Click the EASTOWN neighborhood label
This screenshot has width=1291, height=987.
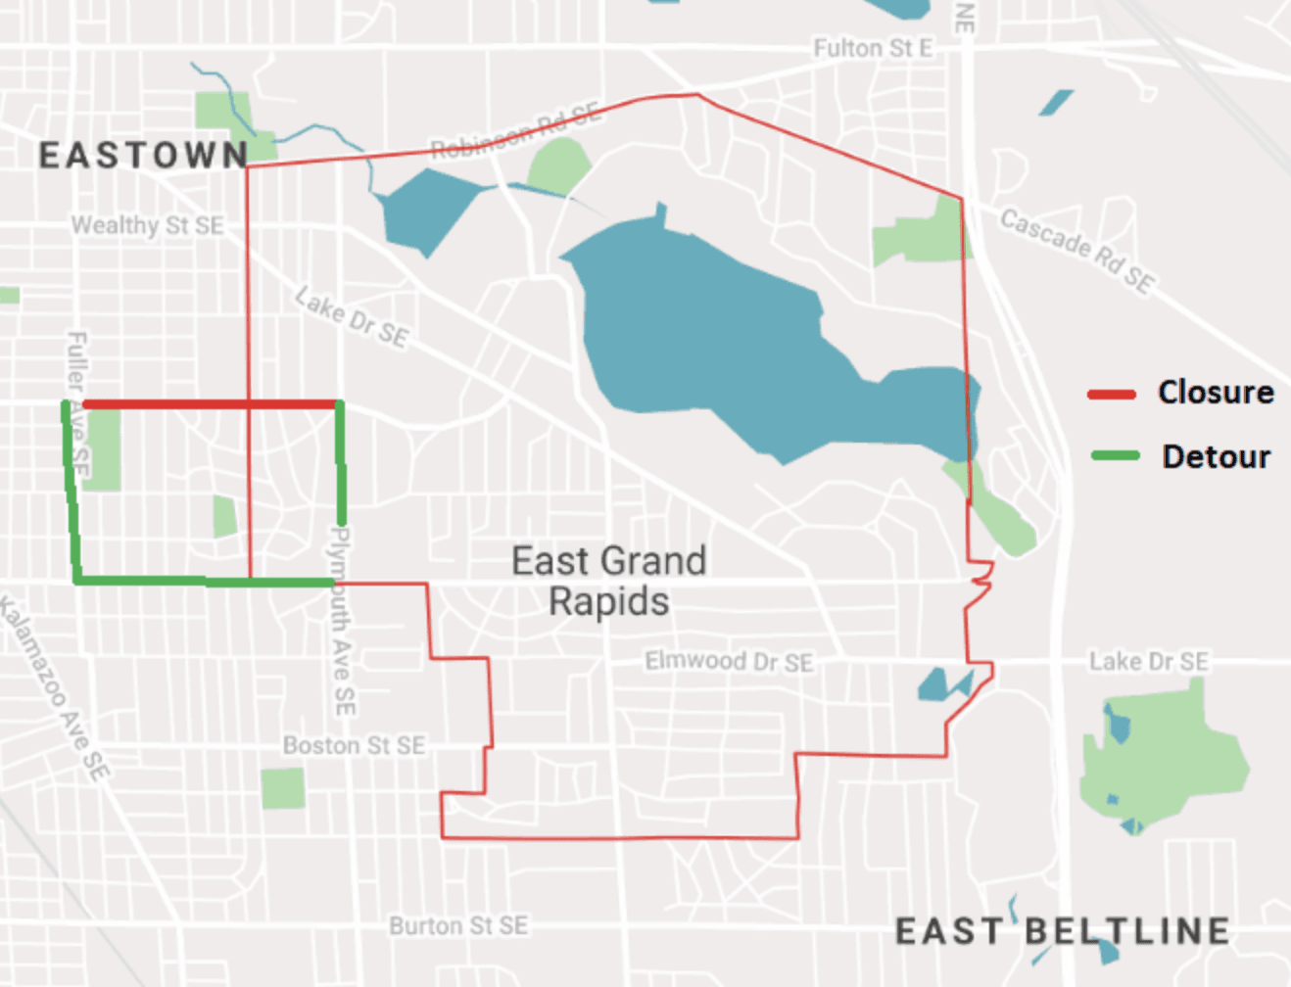143,156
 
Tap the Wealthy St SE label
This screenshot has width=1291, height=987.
147,225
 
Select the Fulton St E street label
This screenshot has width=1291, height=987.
872,48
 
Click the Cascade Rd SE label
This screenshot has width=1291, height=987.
1076,250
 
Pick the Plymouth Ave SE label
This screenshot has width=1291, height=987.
342,621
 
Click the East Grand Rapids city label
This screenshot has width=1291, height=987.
608,581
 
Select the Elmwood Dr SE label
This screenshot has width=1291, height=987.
729,662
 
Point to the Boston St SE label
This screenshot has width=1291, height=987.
354,746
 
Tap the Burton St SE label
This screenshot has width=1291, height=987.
458,925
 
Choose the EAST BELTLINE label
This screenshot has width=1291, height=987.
1062,931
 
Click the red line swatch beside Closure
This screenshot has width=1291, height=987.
1111,394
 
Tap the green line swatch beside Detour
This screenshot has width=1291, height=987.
1115,455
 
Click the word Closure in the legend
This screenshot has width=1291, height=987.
1216,393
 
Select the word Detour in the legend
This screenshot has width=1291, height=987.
1216,456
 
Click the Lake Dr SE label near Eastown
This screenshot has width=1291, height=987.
352,317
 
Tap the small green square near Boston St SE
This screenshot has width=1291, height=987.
283,788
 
